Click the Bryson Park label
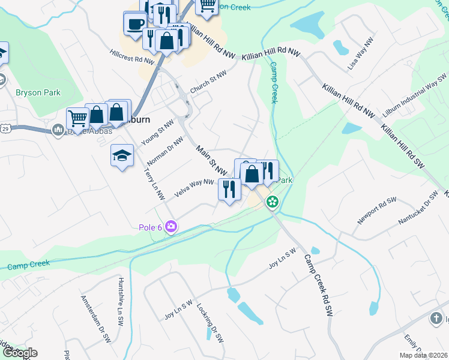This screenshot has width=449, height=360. (36, 92)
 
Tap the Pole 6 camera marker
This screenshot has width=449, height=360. (172, 226)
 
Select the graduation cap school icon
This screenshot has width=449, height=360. (122, 155)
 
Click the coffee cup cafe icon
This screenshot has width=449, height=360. (135, 24)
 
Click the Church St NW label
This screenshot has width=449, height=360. (208, 82)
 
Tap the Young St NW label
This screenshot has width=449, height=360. (157, 133)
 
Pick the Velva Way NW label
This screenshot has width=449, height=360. (194, 188)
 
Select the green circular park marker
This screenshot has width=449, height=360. (273, 202)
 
